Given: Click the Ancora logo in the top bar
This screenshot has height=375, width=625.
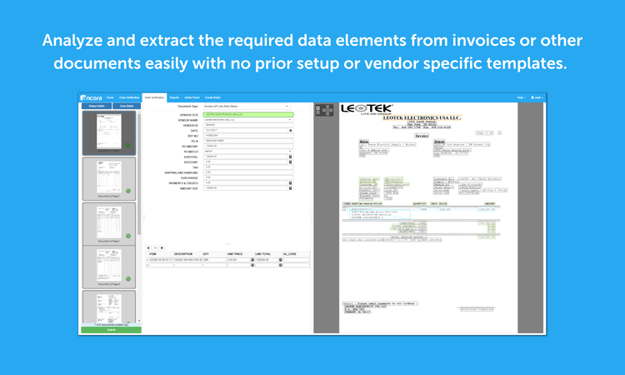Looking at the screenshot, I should coord(91,97).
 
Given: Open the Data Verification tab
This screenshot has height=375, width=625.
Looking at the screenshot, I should coord(154,97).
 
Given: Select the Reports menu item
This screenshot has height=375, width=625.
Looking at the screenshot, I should coord(174,97).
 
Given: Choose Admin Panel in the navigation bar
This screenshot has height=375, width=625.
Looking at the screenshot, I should coord(191,97).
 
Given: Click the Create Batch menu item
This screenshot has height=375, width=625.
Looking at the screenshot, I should coord(212,97).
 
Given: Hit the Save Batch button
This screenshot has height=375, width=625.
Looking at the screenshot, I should coord(127,106).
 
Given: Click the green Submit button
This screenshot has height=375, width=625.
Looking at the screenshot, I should coord(111,330).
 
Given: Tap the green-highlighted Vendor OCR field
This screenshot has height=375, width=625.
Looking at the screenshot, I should coord(247,114).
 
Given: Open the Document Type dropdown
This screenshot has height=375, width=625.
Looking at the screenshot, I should coord(247,107).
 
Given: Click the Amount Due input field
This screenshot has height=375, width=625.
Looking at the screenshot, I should coord(247,188).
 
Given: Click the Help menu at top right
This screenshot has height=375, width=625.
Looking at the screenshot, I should coord(521,97).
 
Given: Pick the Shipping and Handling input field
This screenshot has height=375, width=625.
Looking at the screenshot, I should coord(247,172).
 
